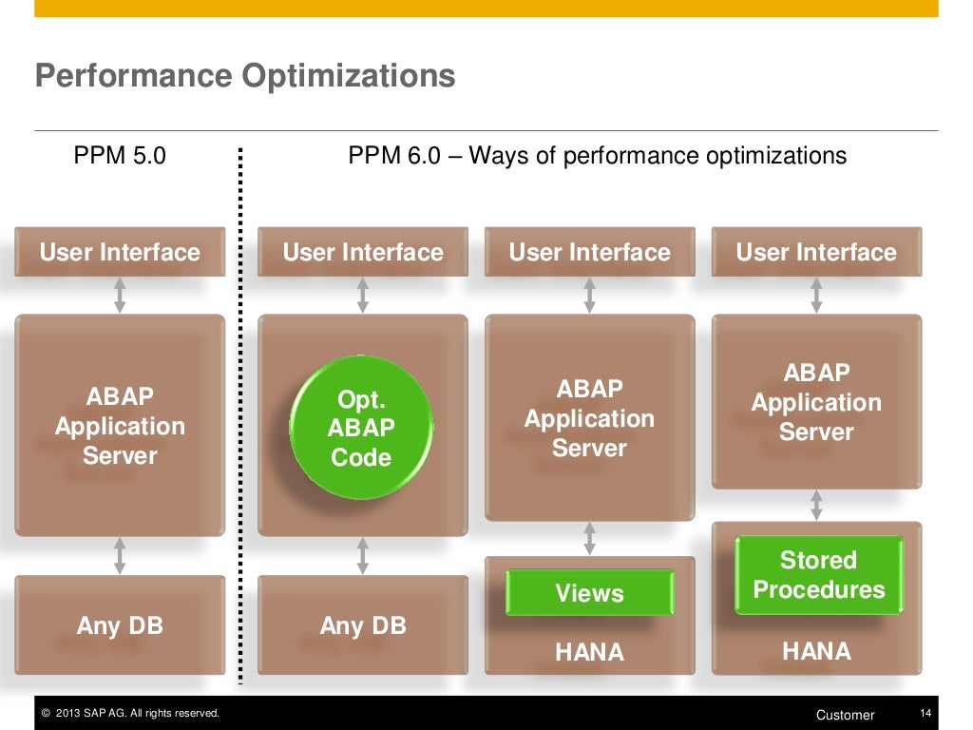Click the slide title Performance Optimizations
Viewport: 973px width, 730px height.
point(245,76)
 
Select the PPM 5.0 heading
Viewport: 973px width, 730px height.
point(120,155)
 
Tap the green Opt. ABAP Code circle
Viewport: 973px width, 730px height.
point(361,428)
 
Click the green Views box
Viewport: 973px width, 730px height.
point(589,593)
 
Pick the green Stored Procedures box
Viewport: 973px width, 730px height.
point(818,575)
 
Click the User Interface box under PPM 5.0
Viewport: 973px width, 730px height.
point(120,252)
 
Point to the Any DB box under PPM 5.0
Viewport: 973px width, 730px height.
point(120,625)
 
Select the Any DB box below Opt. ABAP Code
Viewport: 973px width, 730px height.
point(363,625)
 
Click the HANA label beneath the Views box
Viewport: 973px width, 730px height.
point(589,652)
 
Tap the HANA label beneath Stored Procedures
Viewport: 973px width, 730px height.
point(816,651)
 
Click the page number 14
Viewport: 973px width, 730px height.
point(925,714)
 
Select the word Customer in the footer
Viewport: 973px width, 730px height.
point(845,715)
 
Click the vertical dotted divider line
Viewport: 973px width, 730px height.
point(240,418)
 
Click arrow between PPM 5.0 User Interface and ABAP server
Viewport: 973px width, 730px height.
point(120,295)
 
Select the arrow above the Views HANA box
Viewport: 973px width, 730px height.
point(589,538)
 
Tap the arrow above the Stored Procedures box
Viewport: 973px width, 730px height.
point(816,505)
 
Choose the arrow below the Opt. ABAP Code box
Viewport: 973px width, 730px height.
point(362,555)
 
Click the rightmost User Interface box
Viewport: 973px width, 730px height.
point(816,252)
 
